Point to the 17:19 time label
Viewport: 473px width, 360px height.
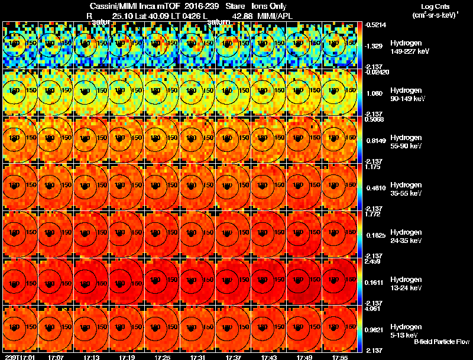[127, 356]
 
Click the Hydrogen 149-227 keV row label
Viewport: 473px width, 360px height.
[407, 47]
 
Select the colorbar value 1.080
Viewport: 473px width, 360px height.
[375, 93]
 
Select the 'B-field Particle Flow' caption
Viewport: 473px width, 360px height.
[442, 342]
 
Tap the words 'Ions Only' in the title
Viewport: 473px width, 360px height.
[269, 5]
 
